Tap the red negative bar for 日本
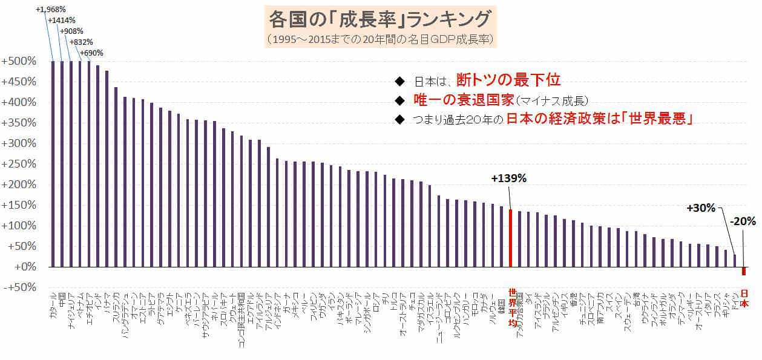click(744, 271)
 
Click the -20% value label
click(743, 221)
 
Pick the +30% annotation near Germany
click(701, 208)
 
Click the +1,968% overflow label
click(51, 9)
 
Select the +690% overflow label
click(91, 53)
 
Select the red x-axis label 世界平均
click(512, 306)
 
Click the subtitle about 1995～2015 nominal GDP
click(381, 40)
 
